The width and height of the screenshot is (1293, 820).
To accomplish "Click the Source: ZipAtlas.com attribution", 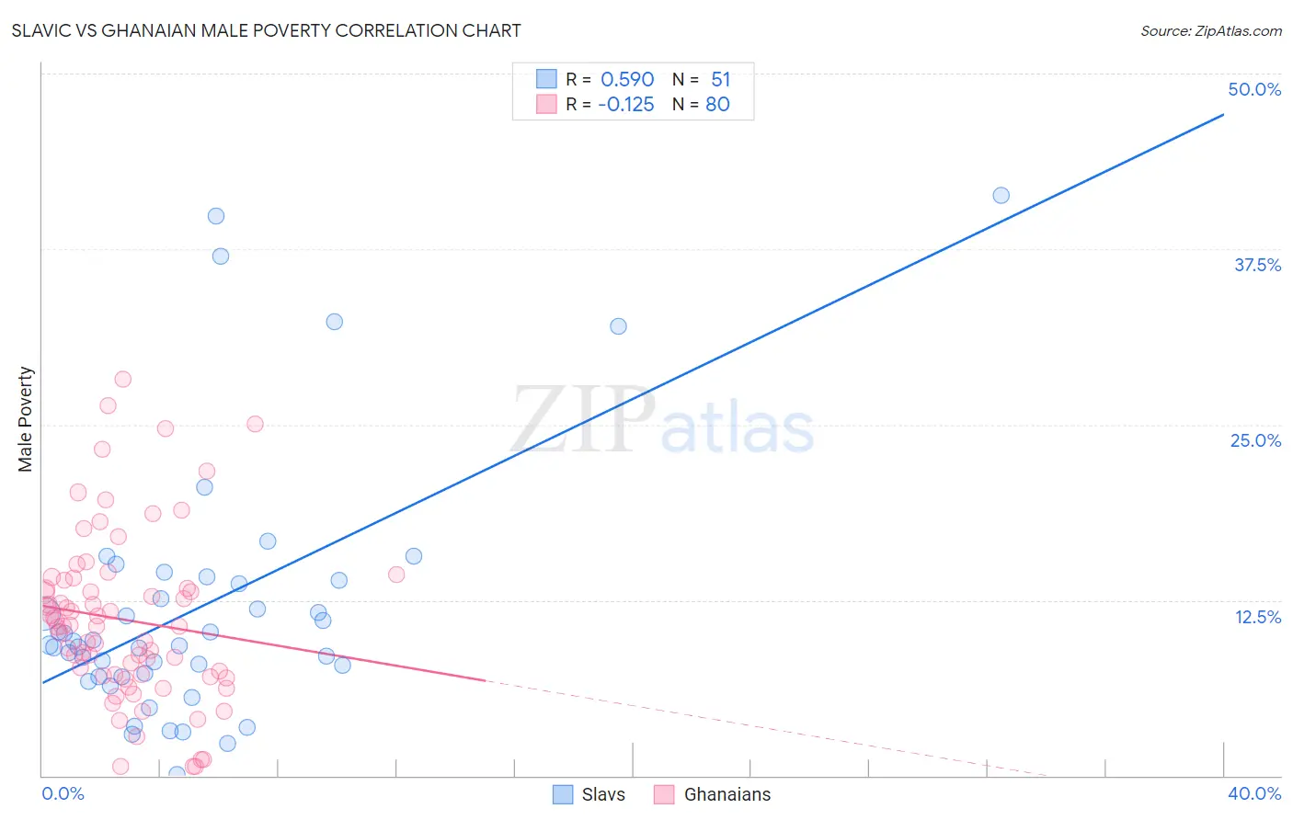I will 1210,30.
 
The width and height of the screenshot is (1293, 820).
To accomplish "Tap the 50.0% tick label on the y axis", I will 1254,89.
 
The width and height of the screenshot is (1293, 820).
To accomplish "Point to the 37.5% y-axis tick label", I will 1257,265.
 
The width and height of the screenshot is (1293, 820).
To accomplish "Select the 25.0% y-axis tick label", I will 1255,440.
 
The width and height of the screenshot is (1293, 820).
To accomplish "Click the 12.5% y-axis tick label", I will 1257,617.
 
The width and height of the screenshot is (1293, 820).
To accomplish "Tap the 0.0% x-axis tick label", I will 63,793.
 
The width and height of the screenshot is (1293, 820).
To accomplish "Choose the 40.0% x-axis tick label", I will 1254,793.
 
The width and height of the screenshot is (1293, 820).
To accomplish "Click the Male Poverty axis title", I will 26,419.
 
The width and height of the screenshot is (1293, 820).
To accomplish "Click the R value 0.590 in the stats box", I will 627,79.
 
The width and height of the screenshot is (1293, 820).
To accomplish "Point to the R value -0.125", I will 625,104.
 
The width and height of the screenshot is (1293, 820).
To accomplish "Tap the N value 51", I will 720,79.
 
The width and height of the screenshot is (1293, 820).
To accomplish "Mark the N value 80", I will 717,104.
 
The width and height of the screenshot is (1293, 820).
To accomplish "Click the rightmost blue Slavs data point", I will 1001,195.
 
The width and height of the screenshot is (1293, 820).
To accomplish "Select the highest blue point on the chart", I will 216,216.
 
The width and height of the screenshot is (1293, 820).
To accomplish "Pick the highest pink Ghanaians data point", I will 122,379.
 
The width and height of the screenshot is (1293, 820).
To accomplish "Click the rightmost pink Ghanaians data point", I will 396,575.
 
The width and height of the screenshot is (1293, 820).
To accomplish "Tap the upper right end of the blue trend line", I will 1223,114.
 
